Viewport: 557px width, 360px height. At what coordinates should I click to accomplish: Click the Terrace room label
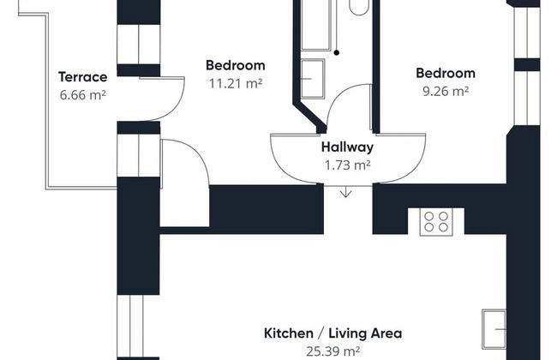point(83,77)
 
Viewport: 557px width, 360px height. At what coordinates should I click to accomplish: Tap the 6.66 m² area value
point(83,95)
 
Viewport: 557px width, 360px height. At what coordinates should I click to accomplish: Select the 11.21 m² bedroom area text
point(236,83)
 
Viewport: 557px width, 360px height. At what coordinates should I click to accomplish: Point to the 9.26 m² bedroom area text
point(446,91)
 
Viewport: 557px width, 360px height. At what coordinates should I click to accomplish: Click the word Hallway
point(347,147)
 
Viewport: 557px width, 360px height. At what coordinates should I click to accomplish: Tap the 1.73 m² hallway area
point(347,165)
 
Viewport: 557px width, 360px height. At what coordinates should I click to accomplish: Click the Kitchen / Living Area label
point(332,333)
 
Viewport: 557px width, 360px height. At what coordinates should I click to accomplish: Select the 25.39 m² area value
point(332,351)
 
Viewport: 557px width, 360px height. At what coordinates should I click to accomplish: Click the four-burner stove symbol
point(436,222)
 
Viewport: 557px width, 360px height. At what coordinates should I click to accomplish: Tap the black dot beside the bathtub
point(336,52)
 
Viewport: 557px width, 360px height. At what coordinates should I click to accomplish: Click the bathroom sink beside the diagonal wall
point(313,79)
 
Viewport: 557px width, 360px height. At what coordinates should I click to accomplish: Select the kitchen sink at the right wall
point(494,329)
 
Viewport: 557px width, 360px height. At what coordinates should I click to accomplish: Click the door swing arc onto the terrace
point(176,106)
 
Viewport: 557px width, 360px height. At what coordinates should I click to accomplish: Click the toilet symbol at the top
point(359,7)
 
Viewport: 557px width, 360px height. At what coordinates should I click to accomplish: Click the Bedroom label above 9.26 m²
point(446,73)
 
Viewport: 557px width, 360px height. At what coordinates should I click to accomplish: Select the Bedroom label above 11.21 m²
point(236,65)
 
